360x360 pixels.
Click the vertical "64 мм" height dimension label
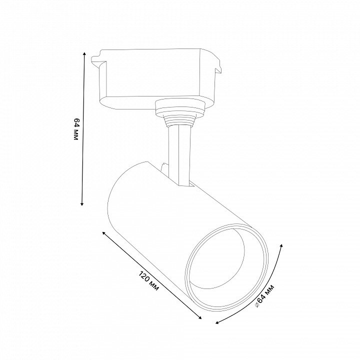[x=76, y=129]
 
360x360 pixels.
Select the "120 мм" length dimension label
[x=149, y=281]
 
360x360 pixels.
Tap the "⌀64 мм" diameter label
[x=264, y=296]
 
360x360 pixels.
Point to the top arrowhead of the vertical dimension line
[x=84, y=54]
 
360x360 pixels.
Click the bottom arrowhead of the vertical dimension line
[x=82, y=203]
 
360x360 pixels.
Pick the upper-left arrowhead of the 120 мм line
[x=104, y=233]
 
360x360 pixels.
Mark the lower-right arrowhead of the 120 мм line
[x=199, y=317]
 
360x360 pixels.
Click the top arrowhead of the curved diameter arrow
[x=281, y=246]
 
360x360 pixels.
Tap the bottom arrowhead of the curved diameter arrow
[x=217, y=322]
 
